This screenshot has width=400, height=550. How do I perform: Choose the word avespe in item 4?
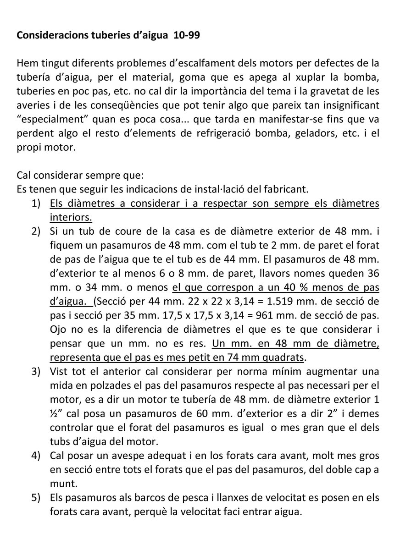(x=127, y=456)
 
